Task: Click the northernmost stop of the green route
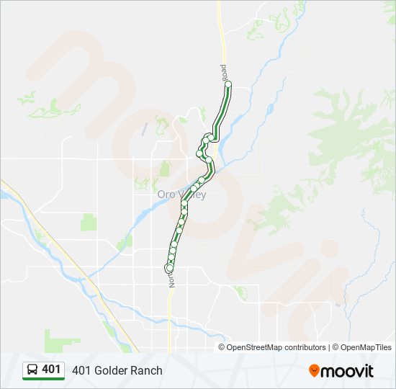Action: coord(228,84)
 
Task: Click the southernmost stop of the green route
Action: coord(169,269)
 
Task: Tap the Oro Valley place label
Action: coord(181,194)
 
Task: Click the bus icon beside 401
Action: coord(32,370)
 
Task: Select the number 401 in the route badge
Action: coord(51,370)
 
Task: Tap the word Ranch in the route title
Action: coord(146,370)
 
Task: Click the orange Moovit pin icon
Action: coord(314,371)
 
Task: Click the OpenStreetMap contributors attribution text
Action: coord(276,347)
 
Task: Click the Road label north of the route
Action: coord(224,72)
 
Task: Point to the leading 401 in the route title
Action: coord(79,370)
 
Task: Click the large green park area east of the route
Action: coord(346,130)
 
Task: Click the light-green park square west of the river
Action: coord(89,221)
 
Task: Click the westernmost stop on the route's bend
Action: coord(199,153)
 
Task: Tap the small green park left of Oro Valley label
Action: coord(165,169)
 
